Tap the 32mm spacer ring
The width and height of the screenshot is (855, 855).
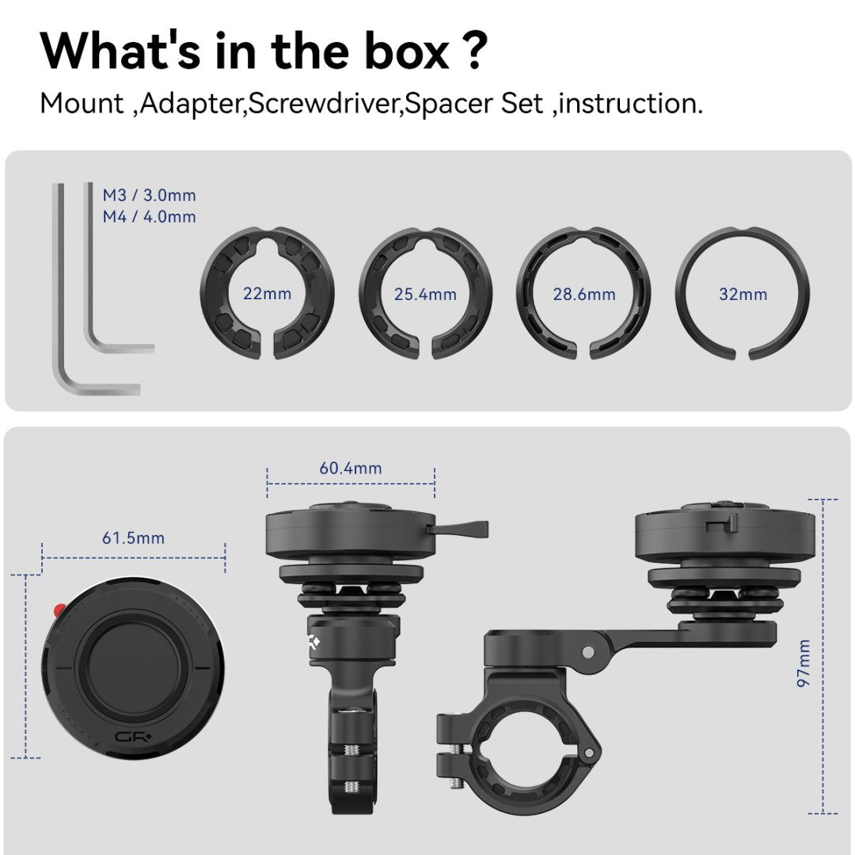click(743, 237)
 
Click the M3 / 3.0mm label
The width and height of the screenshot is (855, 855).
click(149, 195)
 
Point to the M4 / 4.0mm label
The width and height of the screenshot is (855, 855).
click(149, 216)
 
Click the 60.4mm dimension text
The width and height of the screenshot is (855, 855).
click(351, 468)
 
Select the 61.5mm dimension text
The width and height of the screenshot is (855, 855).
click(134, 538)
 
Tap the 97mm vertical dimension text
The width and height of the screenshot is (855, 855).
click(804, 663)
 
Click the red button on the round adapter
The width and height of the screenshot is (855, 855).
click(56, 610)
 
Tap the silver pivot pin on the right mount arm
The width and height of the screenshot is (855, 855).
click(587, 651)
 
